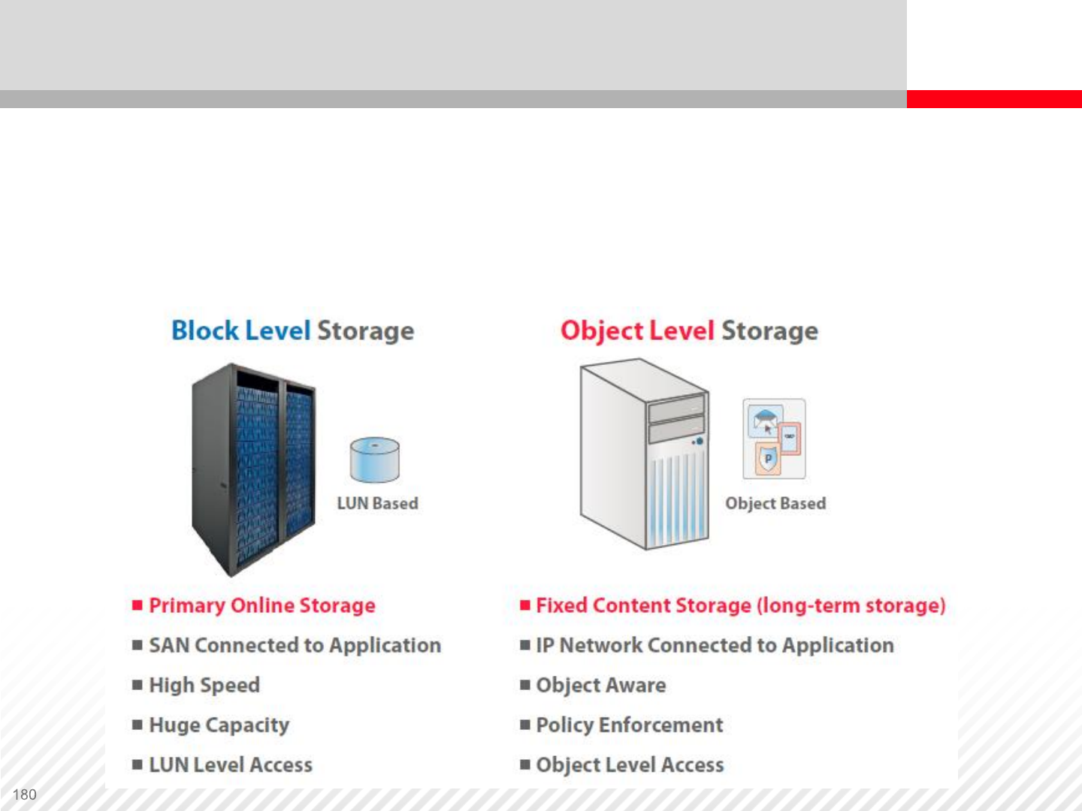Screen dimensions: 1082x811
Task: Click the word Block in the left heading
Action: click(204, 330)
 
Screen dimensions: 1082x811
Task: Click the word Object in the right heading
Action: click(601, 331)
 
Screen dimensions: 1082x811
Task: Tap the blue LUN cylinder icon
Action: click(374, 460)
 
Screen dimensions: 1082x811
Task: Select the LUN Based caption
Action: click(377, 503)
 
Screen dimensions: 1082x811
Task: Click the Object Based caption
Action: click(775, 503)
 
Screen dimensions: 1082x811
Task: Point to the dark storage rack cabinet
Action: click(253, 469)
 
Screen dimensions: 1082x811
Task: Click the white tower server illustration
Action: click(644, 454)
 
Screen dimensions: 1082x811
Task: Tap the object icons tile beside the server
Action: click(774, 439)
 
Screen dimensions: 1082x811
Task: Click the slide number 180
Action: click(25, 794)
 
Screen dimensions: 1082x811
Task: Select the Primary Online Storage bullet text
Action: click(261, 605)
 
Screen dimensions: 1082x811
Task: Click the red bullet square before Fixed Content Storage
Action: click(525, 604)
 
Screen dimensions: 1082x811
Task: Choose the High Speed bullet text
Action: click(204, 685)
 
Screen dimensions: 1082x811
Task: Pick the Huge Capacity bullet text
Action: click(219, 725)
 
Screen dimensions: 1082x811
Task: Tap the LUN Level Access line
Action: click(230, 764)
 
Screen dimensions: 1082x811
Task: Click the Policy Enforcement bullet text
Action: click(629, 725)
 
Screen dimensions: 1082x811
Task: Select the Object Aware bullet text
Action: click(600, 685)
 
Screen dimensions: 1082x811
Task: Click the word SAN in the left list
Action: click(170, 645)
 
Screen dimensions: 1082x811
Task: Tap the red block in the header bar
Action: click(993, 99)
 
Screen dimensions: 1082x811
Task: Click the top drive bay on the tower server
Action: click(676, 409)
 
